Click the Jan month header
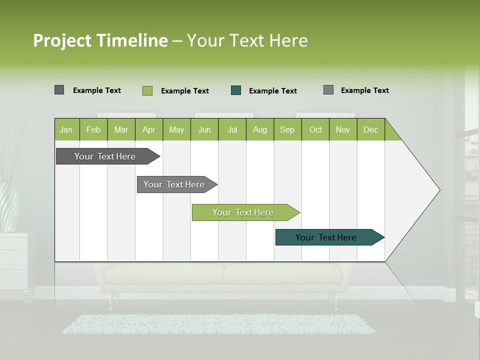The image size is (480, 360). pyautogui.click(x=66, y=130)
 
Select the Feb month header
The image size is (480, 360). pyautogui.click(x=93, y=130)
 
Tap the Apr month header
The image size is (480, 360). pyautogui.click(x=148, y=130)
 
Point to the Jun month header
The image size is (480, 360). pyautogui.click(x=204, y=130)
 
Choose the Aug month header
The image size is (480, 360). pyautogui.click(x=259, y=130)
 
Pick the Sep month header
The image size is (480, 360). pyautogui.click(x=287, y=130)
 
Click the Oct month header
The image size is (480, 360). pyautogui.click(x=315, y=130)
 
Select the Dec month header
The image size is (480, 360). pyautogui.click(x=370, y=130)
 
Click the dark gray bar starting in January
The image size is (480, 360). pyautogui.click(x=105, y=156)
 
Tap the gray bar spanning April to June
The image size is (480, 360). pyautogui.click(x=174, y=184)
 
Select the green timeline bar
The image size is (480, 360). pyautogui.click(x=243, y=212)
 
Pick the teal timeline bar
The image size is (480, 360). pyautogui.click(x=326, y=237)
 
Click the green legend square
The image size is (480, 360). pyautogui.click(x=147, y=90)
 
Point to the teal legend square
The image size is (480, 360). pyautogui.click(x=236, y=90)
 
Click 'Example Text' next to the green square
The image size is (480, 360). pyautogui.click(x=185, y=91)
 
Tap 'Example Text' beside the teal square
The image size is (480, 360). pyautogui.click(x=273, y=91)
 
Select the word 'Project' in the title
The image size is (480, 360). pyautogui.click(x=62, y=40)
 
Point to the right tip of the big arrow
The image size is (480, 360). pyautogui.click(x=439, y=190)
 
